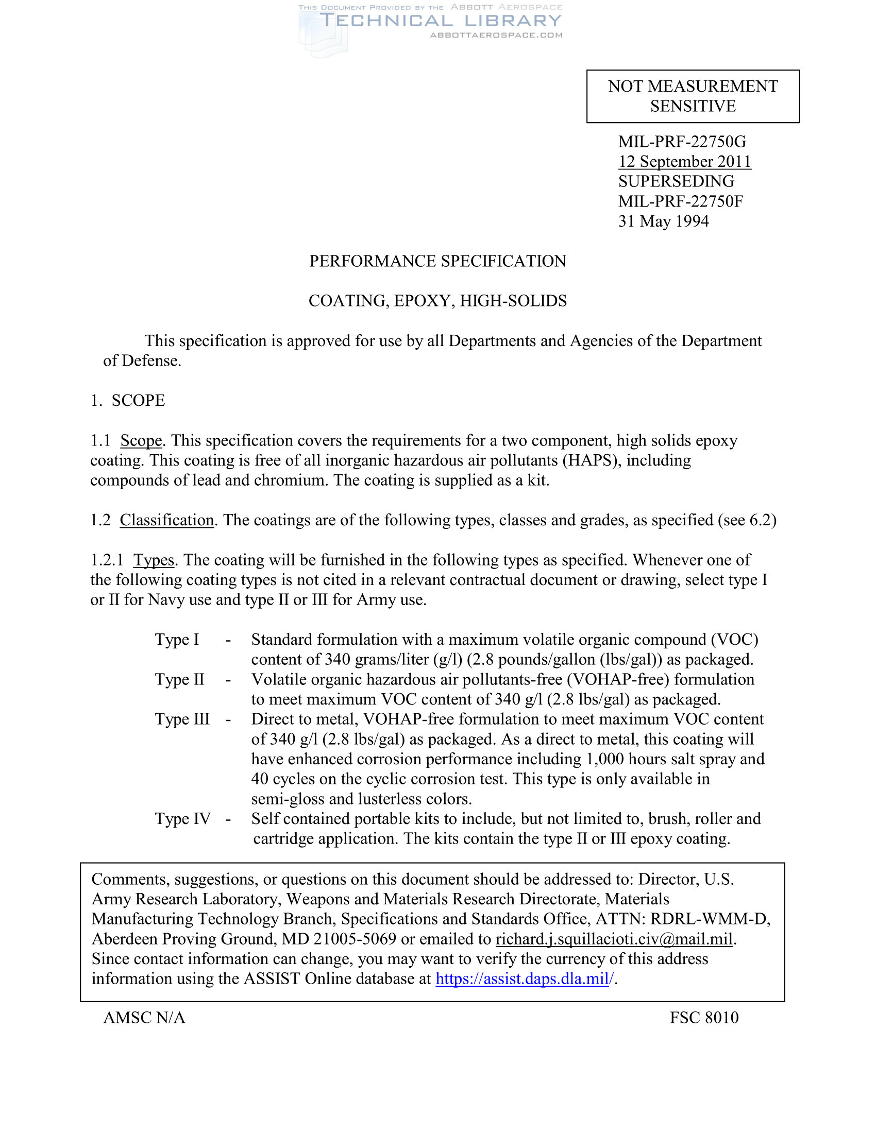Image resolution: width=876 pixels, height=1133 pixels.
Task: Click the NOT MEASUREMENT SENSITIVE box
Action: coord(693,96)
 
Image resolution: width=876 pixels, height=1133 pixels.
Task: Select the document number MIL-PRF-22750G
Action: coord(682,141)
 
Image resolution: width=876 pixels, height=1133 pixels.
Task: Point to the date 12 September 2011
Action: coord(684,161)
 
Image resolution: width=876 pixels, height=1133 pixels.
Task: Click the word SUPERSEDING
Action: coord(676,181)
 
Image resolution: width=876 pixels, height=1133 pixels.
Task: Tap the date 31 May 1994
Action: coord(663,221)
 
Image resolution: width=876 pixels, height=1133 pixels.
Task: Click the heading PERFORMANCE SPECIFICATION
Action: coord(437,261)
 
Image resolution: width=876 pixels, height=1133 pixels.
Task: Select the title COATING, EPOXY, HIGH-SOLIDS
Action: coord(437,301)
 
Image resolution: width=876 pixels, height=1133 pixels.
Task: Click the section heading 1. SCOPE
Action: coord(128,401)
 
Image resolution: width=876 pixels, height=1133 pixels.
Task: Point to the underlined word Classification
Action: coord(166,520)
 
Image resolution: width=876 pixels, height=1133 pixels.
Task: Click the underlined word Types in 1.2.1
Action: coord(154,560)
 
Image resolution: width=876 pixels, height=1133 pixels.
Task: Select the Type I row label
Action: coord(177,639)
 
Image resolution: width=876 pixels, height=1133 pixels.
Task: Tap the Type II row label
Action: coord(179,679)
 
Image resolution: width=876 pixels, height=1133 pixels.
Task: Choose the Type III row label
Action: coord(182,719)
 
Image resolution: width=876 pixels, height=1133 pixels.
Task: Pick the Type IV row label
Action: coord(183,819)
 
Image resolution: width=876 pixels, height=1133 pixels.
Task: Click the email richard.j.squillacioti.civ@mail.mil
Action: coord(614,939)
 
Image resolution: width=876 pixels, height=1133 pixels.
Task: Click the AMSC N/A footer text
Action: coord(144,1018)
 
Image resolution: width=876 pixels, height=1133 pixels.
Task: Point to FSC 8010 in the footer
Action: coord(704,1018)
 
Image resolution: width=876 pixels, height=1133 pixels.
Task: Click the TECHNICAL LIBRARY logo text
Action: coord(440,21)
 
